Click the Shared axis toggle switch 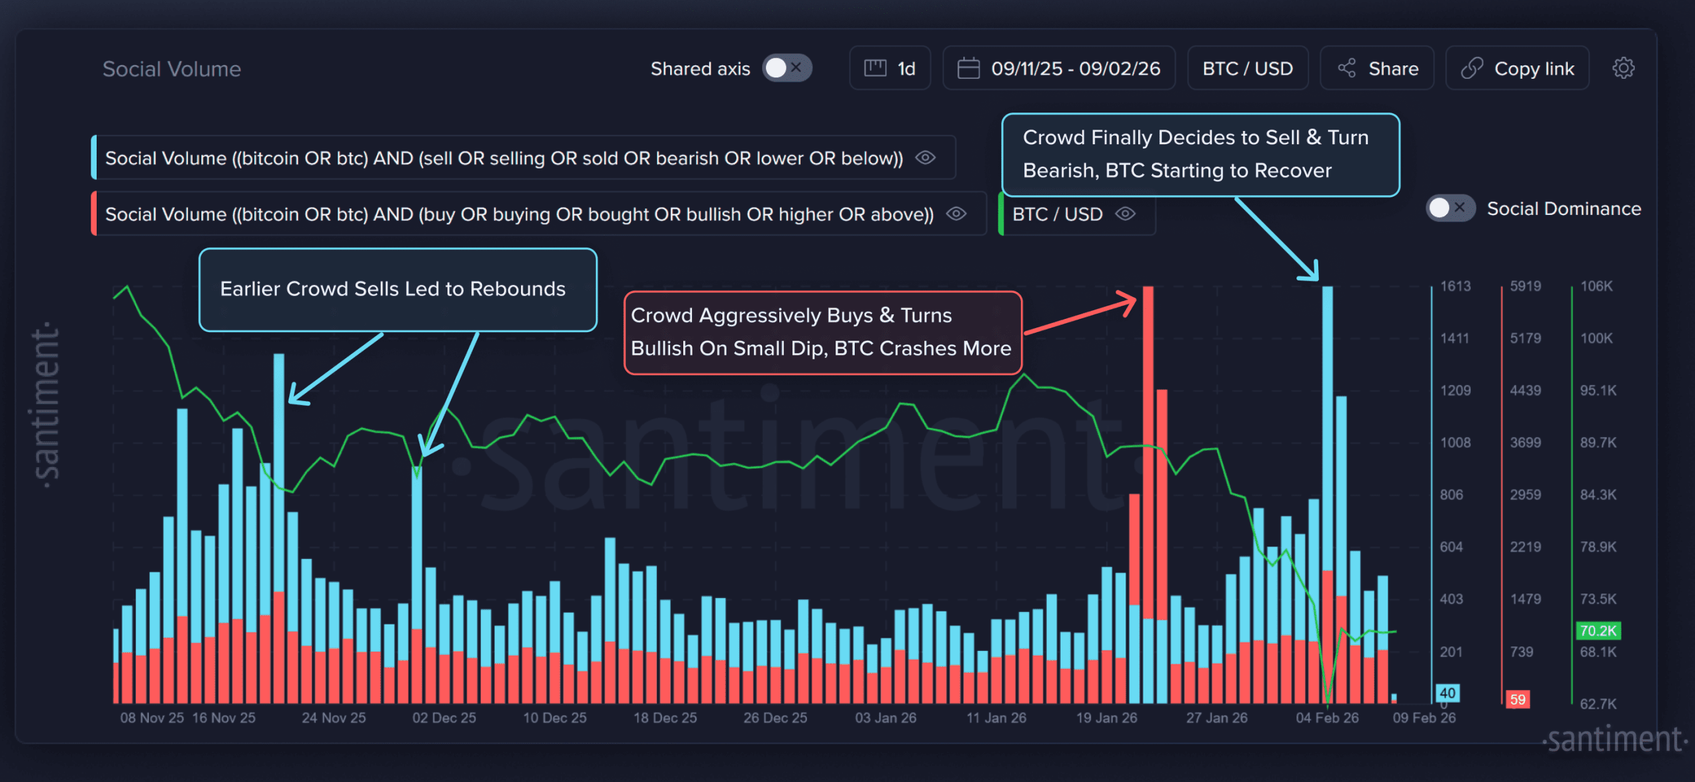(787, 68)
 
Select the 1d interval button (890, 68)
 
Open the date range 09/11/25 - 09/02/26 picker (1059, 68)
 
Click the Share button (1377, 68)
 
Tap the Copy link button (1518, 68)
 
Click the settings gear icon (1623, 68)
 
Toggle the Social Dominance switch (1449, 208)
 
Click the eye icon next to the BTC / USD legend (1126, 214)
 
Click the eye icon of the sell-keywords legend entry (925, 157)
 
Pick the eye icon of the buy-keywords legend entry (956, 214)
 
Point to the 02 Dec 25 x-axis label (444, 718)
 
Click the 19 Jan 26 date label (1106, 718)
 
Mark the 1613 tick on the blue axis (1455, 286)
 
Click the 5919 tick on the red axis (1525, 286)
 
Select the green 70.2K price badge (1598, 631)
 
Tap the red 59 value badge (1518, 699)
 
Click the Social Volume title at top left (171, 69)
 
